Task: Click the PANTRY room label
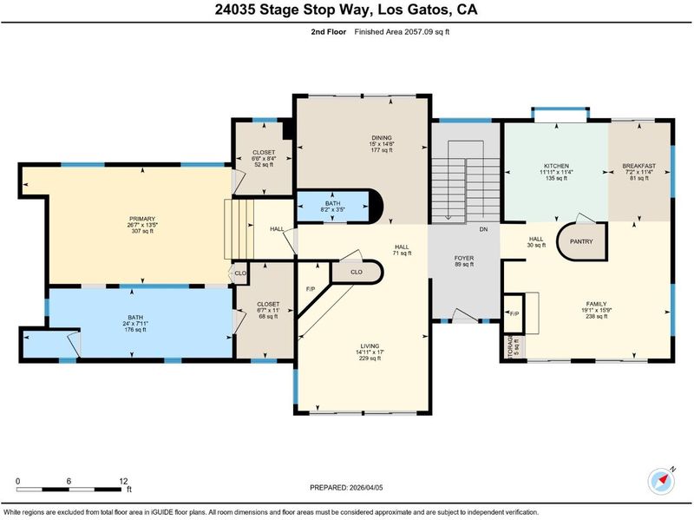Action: [x=581, y=241]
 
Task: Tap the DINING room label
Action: [x=382, y=138]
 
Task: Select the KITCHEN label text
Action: [x=556, y=166]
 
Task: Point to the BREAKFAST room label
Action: [x=639, y=166]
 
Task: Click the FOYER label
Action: [x=464, y=258]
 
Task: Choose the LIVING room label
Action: [x=370, y=346]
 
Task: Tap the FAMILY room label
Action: [x=596, y=304]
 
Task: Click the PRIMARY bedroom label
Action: [x=142, y=219]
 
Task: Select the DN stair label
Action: [x=484, y=229]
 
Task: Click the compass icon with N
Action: [x=661, y=481]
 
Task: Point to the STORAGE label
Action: [x=510, y=347]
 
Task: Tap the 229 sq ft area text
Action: [x=370, y=359]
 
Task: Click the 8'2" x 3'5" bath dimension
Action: [x=333, y=210]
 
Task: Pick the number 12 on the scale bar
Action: [x=123, y=481]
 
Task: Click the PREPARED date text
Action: [x=346, y=488]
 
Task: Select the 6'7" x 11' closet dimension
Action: [x=268, y=311]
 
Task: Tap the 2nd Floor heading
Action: [x=329, y=32]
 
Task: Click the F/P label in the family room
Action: [x=514, y=314]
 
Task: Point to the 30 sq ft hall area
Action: [x=536, y=246]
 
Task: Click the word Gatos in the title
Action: [x=427, y=10]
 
